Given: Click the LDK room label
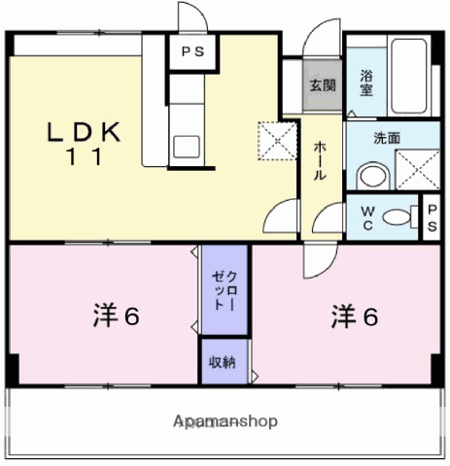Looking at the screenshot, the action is tap(85, 132).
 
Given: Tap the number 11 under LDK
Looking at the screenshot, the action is tap(85, 156).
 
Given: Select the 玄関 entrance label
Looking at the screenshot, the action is tap(323, 85).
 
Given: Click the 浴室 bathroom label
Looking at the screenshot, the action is tap(366, 83).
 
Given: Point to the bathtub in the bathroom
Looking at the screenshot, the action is tap(409, 76).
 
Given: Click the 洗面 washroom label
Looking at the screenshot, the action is tap(387, 138).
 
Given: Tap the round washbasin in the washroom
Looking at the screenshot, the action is tap(373, 176).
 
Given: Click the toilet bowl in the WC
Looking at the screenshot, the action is tap(397, 217).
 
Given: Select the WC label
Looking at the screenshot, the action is tap(367, 218).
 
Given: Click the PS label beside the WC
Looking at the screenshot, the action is tap(432, 218).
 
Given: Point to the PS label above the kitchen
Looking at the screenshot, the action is tap(193, 51).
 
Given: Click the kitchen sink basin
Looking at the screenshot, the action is tap(187, 147).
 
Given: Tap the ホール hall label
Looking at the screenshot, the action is tap(320, 161).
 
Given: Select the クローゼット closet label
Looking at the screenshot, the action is tap(225, 290).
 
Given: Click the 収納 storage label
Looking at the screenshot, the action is tap(222, 362).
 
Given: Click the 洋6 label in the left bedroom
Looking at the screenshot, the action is tap(117, 316).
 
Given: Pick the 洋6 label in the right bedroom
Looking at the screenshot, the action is tap(355, 316).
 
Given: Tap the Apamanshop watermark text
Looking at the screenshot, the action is tap(225, 421).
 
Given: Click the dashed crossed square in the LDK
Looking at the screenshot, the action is tap(277, 141).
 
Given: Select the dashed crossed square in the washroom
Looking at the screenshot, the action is tap(418, 170).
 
